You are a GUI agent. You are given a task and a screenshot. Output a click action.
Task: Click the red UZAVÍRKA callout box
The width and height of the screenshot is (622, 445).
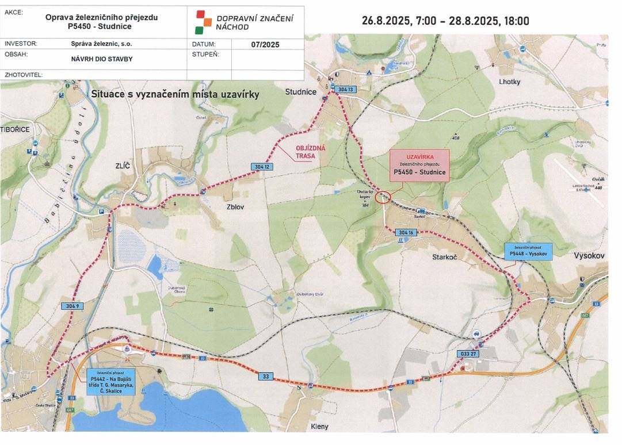point(419,166)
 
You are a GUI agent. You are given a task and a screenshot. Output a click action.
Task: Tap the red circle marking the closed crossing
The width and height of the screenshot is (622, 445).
point(383,198)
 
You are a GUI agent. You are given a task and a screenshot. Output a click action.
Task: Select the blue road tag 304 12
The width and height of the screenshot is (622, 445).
point(261,167)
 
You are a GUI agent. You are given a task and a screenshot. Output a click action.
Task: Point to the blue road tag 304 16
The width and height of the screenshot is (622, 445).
point(406,232)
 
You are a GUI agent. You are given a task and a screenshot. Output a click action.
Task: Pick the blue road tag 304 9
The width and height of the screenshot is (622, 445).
point(71,306)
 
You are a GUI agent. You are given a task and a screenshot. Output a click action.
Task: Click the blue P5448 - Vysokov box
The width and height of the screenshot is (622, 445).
point(528,251)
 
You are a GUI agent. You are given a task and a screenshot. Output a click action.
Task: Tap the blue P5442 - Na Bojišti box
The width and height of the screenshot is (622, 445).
point(112,382)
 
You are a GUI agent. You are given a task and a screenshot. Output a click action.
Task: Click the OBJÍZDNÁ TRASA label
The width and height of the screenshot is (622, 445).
point(310,152)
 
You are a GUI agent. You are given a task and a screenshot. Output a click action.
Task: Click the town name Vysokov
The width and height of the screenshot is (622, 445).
point(590,255)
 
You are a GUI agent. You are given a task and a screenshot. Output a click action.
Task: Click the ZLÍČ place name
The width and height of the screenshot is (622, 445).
point(123,166)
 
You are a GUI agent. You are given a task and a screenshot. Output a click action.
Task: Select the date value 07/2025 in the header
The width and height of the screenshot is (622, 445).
point(265,44)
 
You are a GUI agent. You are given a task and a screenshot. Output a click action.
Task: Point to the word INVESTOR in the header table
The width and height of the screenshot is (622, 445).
point(21,44)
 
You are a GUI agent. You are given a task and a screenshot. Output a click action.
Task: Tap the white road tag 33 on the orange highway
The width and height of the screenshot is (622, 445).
point(266,376)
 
